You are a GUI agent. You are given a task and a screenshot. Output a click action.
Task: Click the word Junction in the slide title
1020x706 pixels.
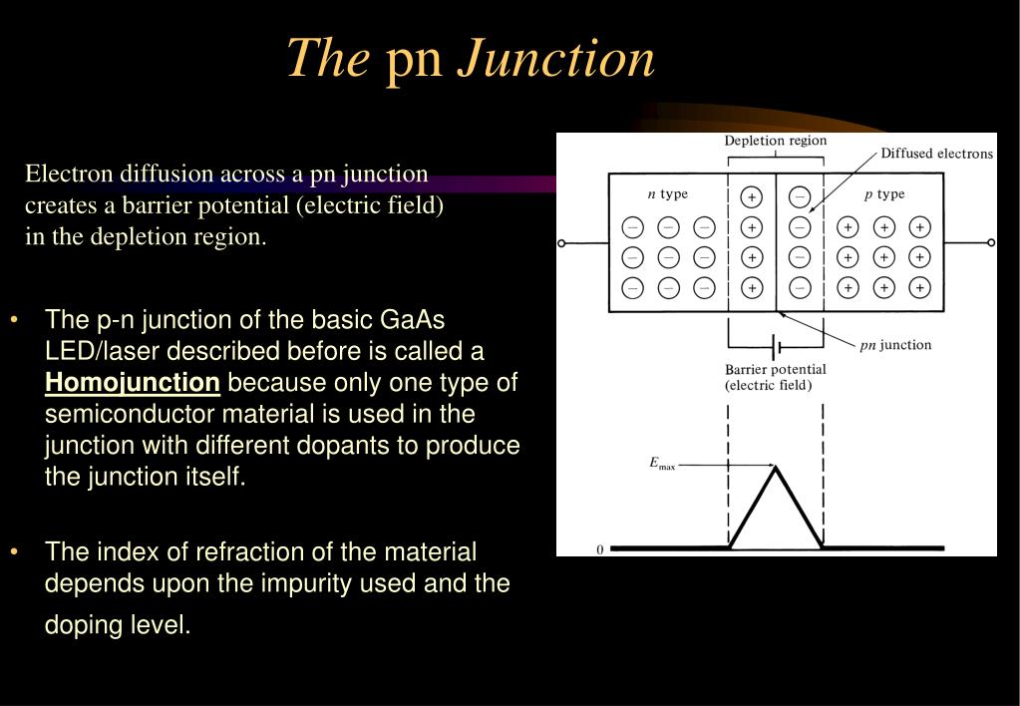click(x=556, y=59)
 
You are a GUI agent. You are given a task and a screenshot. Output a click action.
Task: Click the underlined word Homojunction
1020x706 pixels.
click(x=133, y=383)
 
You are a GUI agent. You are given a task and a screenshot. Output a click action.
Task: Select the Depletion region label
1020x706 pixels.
click(x=775, y=141)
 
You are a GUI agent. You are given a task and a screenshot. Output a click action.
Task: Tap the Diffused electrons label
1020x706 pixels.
click(x=936, y=154)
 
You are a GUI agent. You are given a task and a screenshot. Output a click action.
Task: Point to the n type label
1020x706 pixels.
click(x=667, y=194)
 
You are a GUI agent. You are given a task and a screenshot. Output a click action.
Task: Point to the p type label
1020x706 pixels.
click(x=883, y=194)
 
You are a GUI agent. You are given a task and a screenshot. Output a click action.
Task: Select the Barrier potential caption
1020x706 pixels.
click(x=775, y=377)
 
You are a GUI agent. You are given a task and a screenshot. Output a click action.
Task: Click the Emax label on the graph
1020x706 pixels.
click(x=662, y=464)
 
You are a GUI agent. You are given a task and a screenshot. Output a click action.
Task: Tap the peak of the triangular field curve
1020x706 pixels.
click(x=775, y=467)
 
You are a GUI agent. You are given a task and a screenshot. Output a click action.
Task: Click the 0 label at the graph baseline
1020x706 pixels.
click(x=600, y=549)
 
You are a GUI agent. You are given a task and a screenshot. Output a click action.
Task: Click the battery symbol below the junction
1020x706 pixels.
click(x=776, y=347)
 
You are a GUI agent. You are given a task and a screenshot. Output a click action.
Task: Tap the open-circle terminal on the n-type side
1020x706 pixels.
click(x=561, y=243)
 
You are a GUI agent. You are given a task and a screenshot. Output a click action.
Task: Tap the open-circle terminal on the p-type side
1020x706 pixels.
click(x=991, y=242)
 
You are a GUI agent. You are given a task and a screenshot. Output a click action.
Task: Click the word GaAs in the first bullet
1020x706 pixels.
click(x=413, y=320)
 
